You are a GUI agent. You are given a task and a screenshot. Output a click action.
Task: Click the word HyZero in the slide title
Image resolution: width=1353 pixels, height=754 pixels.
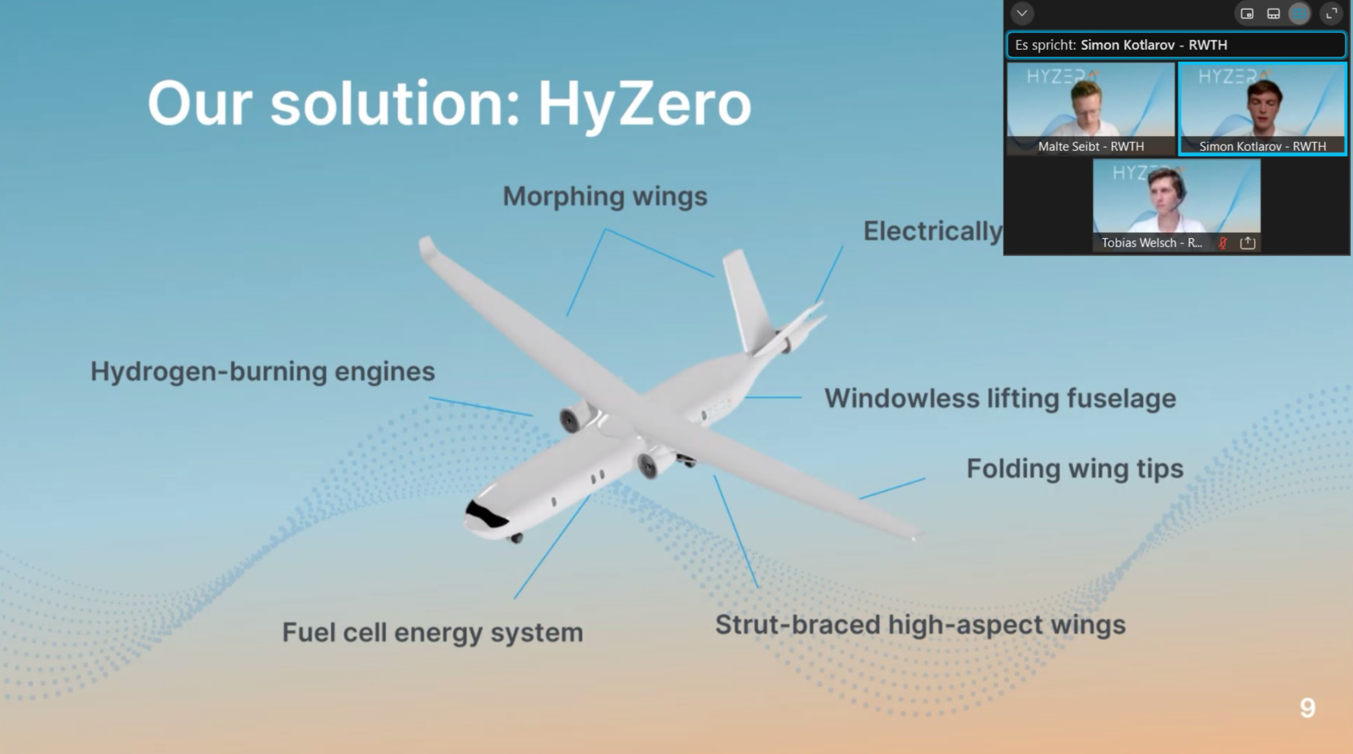click(644, 105)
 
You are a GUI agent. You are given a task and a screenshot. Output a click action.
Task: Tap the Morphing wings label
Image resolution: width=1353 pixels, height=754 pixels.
click(605, 196)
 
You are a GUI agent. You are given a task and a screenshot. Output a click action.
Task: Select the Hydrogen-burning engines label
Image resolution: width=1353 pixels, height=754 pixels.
click(262, 371)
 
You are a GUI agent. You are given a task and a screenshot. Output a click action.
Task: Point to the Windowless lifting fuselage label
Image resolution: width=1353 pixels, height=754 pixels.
click(999, 398)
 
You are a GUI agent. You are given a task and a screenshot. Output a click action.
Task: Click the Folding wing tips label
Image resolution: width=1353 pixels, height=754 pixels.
click(1074, 469)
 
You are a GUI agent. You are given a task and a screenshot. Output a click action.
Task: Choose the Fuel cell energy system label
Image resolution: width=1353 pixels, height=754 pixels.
click(433, 632)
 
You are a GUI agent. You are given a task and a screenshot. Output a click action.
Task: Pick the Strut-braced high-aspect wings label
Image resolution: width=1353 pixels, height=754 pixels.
click(920, 625)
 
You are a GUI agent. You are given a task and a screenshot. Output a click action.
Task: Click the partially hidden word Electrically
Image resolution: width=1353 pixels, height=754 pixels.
click(932, 231)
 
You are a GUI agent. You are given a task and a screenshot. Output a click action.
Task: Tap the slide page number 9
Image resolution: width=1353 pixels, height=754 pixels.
click(1307, 708)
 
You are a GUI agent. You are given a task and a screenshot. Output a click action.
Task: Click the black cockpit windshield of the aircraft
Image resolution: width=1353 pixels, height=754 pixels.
click(486, 515)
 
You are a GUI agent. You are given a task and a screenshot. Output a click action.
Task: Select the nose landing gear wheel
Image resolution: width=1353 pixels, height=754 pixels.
click(517, 538)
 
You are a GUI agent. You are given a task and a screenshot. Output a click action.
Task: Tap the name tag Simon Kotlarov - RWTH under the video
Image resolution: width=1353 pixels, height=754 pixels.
click(1262, 147)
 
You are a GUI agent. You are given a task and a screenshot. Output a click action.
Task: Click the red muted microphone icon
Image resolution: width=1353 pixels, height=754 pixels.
click(1223, 243)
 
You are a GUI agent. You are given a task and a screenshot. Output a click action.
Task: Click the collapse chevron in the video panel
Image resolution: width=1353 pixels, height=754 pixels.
click(1022, 14)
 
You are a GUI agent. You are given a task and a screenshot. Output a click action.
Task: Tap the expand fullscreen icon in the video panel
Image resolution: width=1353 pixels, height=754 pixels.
click(1331, 14)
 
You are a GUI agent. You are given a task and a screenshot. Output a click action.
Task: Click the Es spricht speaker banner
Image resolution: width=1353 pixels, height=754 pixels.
click(1175, 45)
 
